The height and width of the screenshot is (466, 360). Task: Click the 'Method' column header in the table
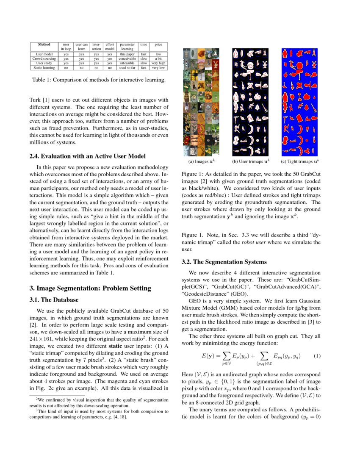tap(44, 44)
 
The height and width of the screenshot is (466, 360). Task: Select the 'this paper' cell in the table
tap(127, 54)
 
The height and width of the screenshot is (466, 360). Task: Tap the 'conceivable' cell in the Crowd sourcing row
tap(127, 58)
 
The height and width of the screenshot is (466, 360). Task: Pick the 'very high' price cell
tap(158, 63)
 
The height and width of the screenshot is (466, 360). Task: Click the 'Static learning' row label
tap(44, 67)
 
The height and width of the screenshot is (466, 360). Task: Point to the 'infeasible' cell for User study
tap(127, 63)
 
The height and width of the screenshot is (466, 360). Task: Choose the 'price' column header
tap(158, 44)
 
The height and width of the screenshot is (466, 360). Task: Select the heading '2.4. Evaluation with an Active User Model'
tap(87, 156)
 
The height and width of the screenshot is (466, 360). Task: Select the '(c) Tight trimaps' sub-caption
tap(300, 161)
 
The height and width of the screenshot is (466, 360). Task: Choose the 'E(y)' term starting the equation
tap(209, 356)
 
